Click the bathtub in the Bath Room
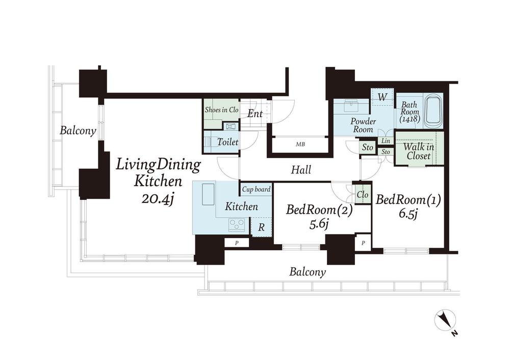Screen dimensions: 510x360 tap(433, 110)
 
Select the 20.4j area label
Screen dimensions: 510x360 tap(157, 198)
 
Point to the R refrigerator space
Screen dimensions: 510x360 tap(261, 227)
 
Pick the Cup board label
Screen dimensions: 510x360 tap(257, 189)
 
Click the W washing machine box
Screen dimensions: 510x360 tap(383, 97)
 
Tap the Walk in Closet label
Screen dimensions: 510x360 tap(419, 151)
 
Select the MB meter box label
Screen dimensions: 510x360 tap(300, 144)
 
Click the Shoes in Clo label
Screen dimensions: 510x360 tap(221, 110)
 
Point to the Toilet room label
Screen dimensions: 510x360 tap(227, 142)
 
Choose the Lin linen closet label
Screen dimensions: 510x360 tap(386, 141)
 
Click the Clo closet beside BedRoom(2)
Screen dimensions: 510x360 tap(362, 194)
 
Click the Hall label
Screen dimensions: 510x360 tap(301, 169)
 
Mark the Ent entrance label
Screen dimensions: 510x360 tap(254, 114)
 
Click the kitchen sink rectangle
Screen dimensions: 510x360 tap(208, 194)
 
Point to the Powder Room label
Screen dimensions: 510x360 tap(363, 125)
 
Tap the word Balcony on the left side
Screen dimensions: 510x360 tap(78, 131)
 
